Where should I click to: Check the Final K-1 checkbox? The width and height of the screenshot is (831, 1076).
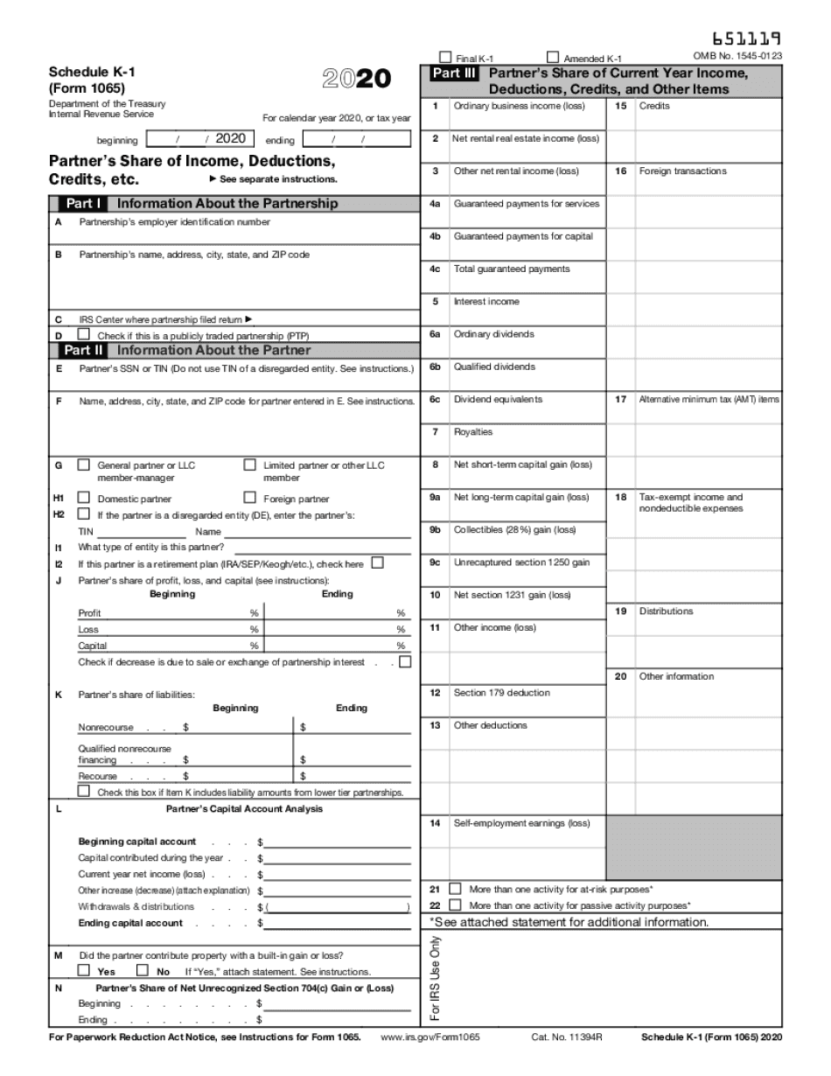tap(445, 57)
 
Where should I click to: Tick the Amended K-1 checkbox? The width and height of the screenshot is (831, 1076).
tap(553, 57)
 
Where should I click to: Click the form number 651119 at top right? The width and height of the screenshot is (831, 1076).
tap(746, 38)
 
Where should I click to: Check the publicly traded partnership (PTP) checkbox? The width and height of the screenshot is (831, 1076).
tap(84, 334)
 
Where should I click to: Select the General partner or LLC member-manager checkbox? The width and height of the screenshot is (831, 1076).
tap(84, 465)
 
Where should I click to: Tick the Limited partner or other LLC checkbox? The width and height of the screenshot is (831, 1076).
tap(250, 465)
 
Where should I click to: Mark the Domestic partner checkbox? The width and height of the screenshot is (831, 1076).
tap(84, 498)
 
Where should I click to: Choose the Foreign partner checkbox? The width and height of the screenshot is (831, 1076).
tap(250, 498)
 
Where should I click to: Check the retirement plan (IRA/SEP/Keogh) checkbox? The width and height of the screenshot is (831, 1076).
tap(377, 563)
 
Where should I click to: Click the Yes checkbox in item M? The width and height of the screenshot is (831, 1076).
tap(84, 970)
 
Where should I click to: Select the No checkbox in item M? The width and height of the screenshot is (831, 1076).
tap(142, 970)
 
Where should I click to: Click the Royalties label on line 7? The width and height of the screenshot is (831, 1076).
tap(473, 432)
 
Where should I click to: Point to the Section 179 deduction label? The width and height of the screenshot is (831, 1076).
tap(501, 693)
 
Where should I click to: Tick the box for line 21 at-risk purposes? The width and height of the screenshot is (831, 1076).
tap(455, 889)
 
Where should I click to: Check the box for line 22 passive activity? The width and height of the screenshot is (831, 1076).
tap(455, 905)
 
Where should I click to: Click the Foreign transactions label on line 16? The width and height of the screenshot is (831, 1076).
tap(682, 171)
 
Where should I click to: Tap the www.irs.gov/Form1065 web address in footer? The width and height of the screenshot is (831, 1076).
tap(430, 1038)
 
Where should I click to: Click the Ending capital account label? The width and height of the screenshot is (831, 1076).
tap(130, 923)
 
